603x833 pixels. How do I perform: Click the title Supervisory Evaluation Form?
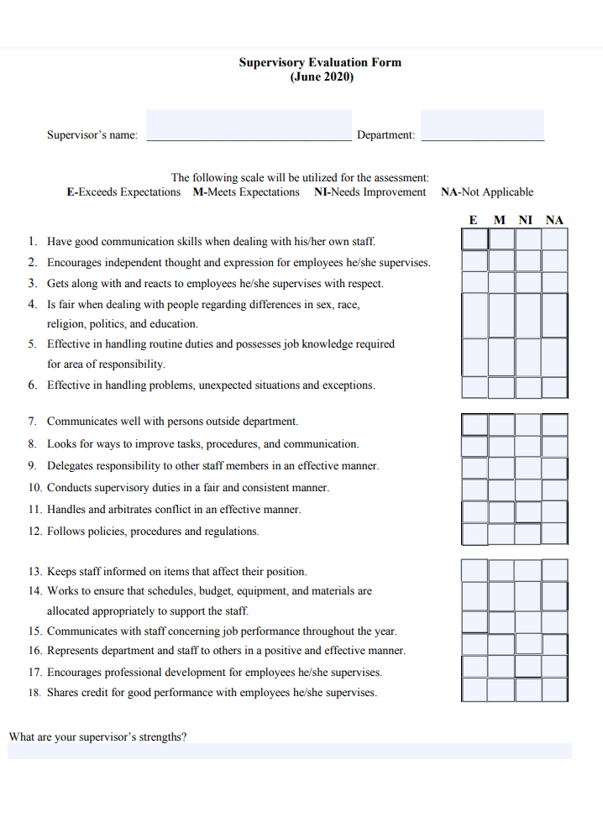(320, 62)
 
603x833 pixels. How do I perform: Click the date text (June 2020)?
(322, 77)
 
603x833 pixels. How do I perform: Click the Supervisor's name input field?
(249, 125)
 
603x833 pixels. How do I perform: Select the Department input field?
(482, 125)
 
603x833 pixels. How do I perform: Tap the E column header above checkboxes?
(474, 221)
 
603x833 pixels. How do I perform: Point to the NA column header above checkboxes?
(554, 221)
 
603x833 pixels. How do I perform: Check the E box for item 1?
(475, 239)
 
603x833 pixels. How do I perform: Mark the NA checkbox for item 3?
(554, 282)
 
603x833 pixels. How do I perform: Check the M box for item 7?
(501, 424)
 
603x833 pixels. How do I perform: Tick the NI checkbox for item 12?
(528, 533)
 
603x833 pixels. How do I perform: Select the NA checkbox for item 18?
(554, 690)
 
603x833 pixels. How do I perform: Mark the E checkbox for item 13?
(475, 570)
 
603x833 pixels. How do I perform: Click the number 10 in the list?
(34, 488)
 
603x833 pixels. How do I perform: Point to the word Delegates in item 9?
(70, 466)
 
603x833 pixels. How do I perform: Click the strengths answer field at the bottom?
(290, 751)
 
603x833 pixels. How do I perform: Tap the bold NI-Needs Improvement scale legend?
(370, 192)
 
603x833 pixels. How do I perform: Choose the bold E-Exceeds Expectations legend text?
(123, 192)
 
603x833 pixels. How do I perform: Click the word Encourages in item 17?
(75, 673)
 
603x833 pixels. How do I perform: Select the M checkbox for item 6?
(501, 387)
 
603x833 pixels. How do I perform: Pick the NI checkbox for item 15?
(528, 622)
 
